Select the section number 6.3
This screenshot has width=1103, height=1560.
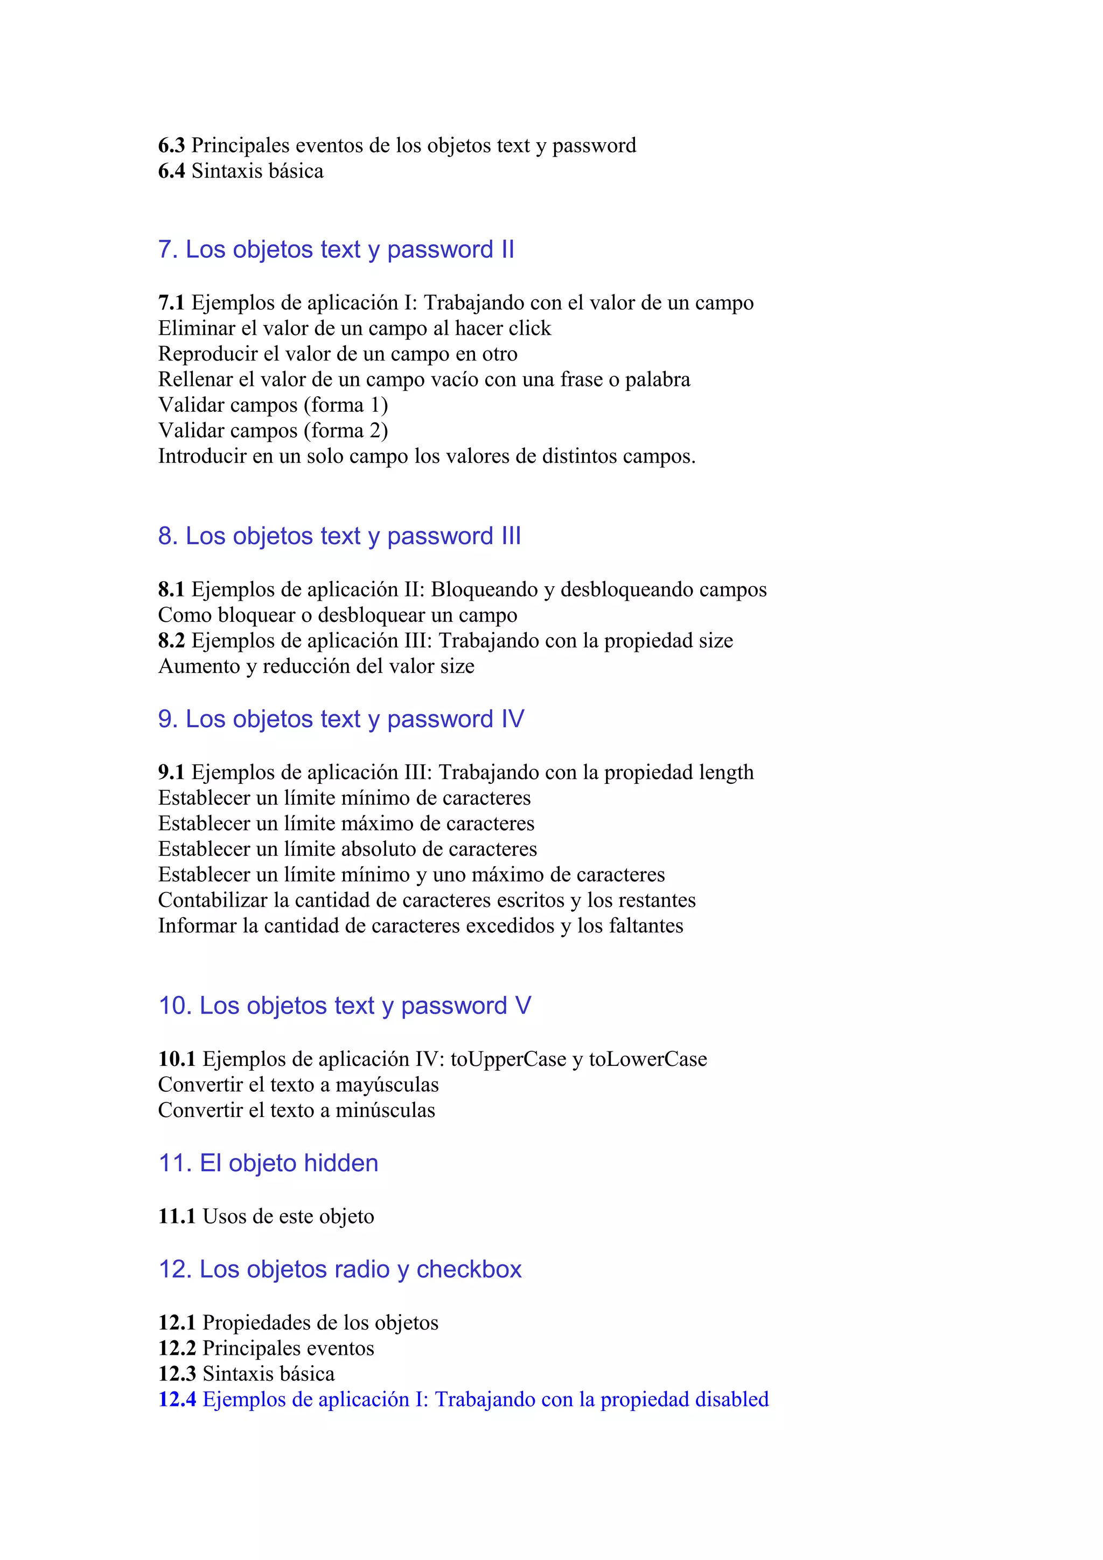(x=171, y=145)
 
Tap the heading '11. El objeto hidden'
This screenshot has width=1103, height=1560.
(x=268, y=1163)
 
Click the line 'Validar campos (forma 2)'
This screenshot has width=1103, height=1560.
(x=273, y=431)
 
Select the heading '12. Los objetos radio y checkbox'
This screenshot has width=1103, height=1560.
(x=340, y=1269)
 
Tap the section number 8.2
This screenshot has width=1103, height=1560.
(x=171, y=641)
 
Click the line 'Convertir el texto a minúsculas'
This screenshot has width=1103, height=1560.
(x=296, y=1110)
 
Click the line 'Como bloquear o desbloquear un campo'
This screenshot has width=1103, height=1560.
(x=338, y=616)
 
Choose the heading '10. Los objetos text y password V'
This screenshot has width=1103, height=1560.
(x=345, y=1006)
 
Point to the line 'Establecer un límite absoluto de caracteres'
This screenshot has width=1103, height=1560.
(x=347, y=849)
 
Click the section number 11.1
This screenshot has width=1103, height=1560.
(x=177, y=1216)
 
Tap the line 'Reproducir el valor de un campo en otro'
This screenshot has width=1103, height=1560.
(x=338, y=354)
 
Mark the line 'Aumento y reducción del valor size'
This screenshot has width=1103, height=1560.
(x=316, y=666)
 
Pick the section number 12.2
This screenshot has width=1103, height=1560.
(x=177, y=1348)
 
